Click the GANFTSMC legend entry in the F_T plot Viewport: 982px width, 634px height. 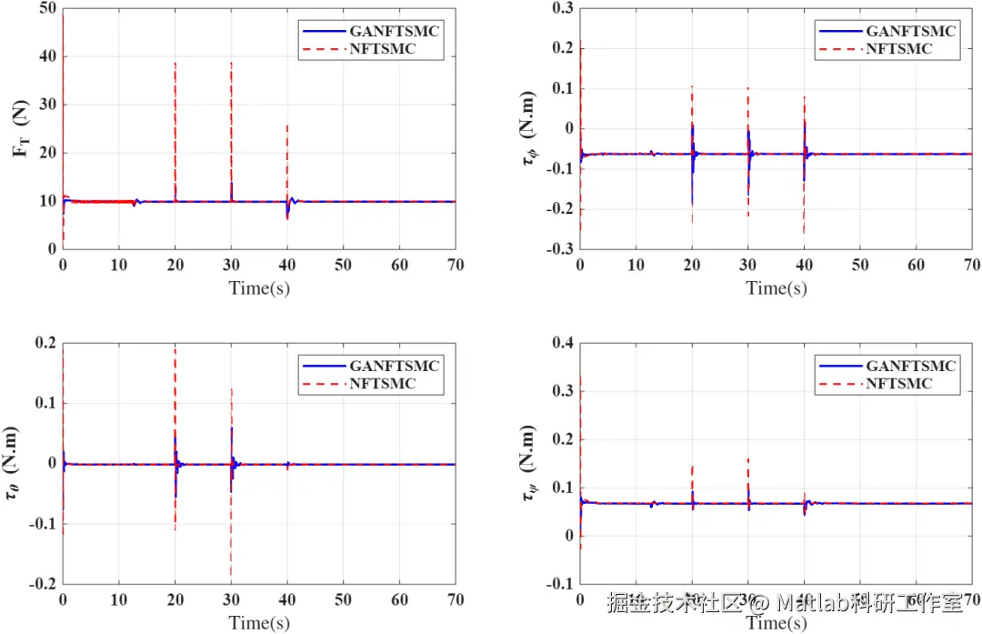point(395,31)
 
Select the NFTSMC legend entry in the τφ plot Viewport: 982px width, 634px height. point(898,49)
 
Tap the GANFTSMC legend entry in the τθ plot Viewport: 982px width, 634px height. point(395,366)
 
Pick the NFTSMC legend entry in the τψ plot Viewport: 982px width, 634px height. point(898,384)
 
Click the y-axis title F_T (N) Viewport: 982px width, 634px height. point(22,127)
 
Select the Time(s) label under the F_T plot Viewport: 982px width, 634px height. point(259,288)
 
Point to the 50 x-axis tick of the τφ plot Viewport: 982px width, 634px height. point(860,265)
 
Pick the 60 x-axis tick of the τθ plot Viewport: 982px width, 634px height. point(399,599)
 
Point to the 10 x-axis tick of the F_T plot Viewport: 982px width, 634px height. point(119,265)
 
